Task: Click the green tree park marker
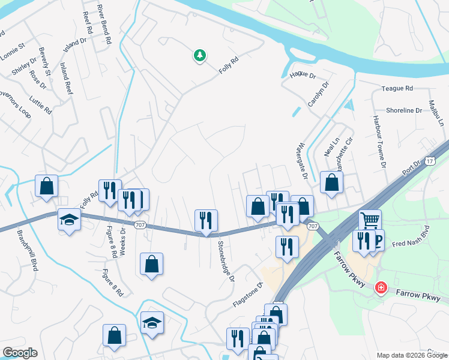(200, 56)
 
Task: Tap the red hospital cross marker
(380, 289)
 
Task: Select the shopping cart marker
(370, 220)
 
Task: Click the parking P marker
(378, 241)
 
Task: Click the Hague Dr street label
(303, 76)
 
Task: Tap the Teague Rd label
(397, 88)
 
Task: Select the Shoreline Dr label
(404, 110)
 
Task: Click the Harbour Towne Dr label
(379, 142)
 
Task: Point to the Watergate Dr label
(302, 161)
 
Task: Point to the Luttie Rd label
(40, 103)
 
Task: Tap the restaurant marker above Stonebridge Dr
(206, 220)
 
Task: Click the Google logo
(20, 353)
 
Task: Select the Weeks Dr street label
(123, 241)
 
